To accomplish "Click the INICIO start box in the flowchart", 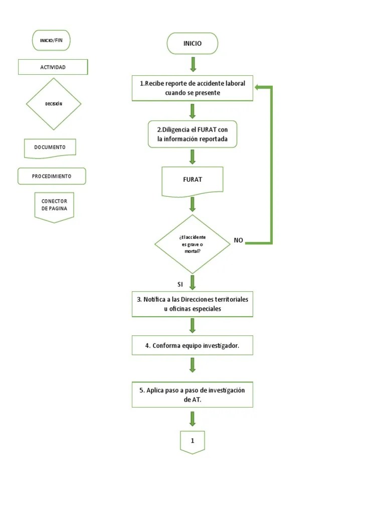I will pos(192,44).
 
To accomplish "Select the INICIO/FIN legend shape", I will pos(51,40).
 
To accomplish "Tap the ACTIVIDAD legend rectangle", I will pos(53,67).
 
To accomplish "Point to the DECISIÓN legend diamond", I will pos(53,104).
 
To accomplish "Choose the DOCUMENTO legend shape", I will pos(50,148).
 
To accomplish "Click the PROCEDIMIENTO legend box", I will pos(52,176).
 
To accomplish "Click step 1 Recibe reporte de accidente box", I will pos(192,88).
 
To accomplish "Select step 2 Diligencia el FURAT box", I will pos(192,134).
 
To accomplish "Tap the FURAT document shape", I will pos(192,180).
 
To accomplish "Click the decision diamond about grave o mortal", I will pos(192,244).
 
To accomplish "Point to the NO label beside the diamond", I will pos(238,240).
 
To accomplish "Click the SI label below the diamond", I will pos(180,285).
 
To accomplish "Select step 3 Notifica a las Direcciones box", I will pos(192,304).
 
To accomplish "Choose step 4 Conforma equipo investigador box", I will pos(192,345).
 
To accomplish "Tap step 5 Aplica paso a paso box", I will pos(192,394).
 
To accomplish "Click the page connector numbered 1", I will pos(192,441).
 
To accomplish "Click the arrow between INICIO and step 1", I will pos(193,64).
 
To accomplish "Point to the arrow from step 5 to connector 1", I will pos(192,419).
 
